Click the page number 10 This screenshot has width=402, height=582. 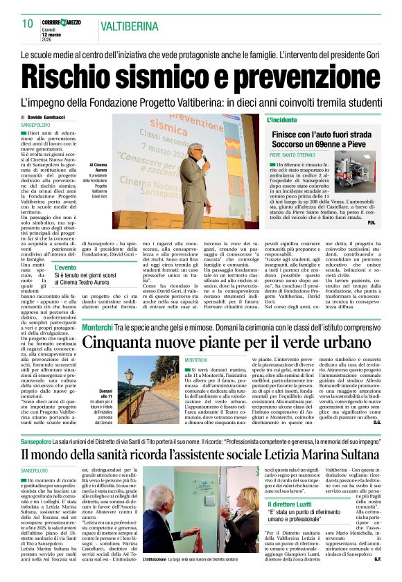(x=27, y=24)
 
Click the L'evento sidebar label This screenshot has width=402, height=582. (x=66, y=267)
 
